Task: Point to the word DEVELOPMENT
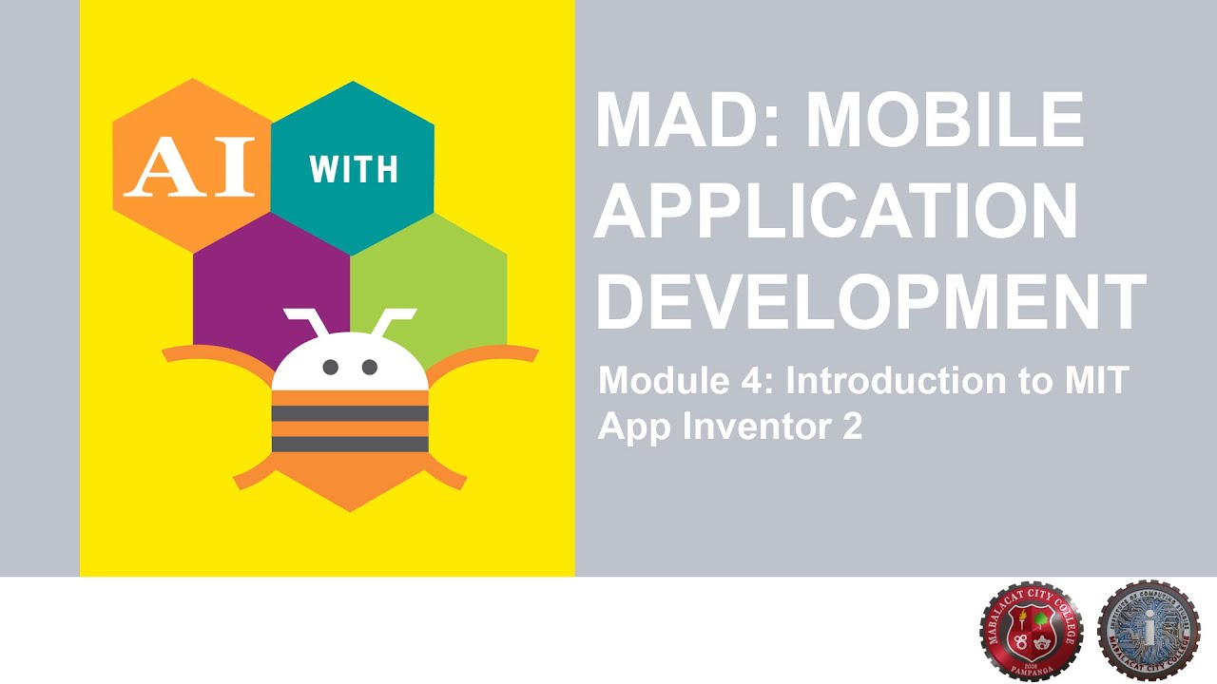pyautogui.click(x=870, y=300)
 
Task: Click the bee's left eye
pyautogui.click(x=331, y=367)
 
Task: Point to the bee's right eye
pyautogui.click(x=370, y=367)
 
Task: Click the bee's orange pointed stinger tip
pyautogui.click(x=351, y=503)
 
